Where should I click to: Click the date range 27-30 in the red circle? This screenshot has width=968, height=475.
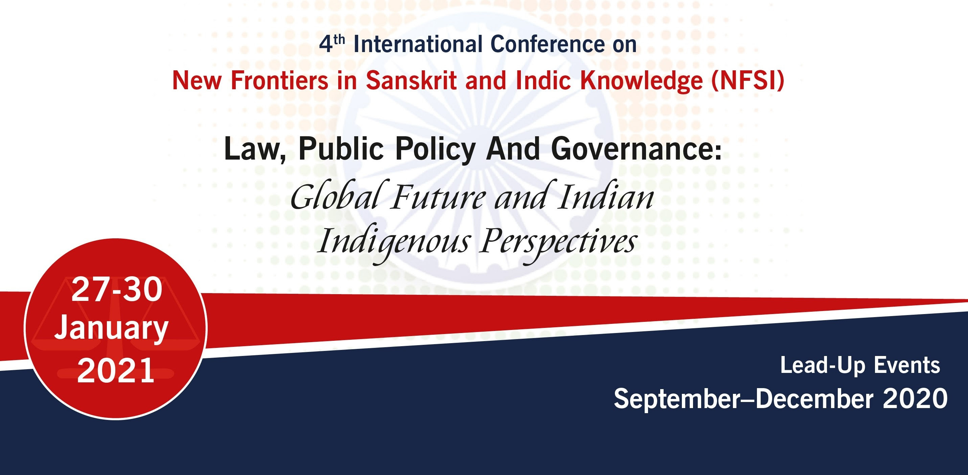tap(116, 289)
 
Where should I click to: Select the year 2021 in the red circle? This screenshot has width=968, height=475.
tap(116, 370)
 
